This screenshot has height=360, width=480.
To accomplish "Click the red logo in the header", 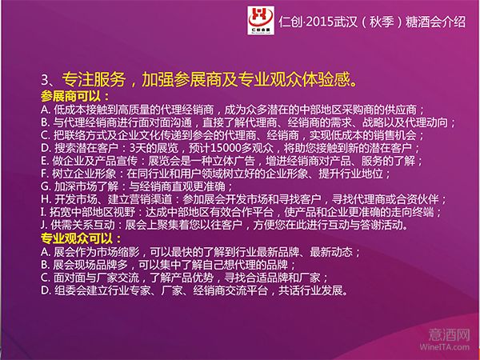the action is [261, 20].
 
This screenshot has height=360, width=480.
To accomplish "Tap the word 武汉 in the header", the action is [346, 22].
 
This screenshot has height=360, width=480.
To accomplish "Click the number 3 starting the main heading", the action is [45, 80].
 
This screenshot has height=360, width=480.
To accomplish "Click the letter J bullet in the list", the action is [44, 226].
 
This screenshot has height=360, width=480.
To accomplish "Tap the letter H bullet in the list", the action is [46, 199].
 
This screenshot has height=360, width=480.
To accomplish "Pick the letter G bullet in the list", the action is [46, 186].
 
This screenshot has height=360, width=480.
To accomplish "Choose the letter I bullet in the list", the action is [43, 212].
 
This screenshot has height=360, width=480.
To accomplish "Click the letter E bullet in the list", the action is [45, 161].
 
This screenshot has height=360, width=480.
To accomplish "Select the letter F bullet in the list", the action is [45, 174].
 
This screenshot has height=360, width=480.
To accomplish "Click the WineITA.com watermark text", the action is [445, 347].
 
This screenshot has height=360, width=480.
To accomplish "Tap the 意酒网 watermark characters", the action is [449, 334].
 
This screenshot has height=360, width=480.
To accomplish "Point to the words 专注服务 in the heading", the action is [94, 79].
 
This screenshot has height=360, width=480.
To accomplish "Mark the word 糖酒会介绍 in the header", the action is [436, 22].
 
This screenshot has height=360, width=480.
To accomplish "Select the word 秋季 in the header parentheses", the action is [382, 22].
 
